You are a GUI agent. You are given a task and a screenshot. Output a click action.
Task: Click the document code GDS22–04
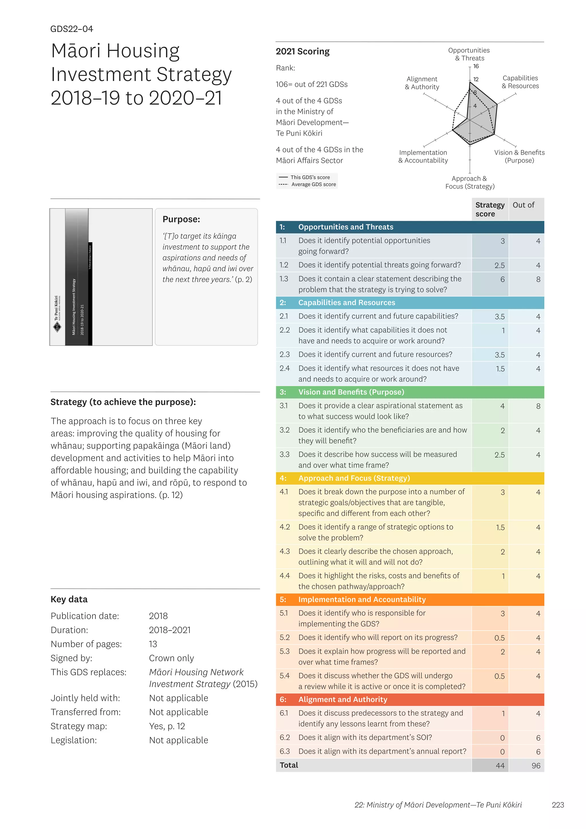click(72, 29)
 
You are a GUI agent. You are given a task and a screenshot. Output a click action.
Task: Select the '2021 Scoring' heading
click(302, 52)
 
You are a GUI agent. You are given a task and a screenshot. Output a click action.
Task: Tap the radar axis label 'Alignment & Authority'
click(422, 83)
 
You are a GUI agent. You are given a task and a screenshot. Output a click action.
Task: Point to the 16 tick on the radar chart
click(476, 66)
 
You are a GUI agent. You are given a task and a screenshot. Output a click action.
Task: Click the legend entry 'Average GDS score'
click(313, 185)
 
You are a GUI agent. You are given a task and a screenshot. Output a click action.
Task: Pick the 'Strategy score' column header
click(490, 210)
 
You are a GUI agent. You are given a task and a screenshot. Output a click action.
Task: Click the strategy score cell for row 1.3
click(502, 279)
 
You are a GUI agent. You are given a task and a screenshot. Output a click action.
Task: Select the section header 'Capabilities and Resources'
click(347, 303)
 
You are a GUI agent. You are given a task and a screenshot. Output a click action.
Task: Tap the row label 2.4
click(284, 368)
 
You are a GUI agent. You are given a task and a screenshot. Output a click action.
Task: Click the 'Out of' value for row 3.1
click(538, 406)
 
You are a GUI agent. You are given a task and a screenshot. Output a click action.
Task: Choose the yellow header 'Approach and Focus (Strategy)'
click(354, 478)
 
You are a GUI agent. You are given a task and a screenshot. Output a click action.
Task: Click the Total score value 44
click(500, 766)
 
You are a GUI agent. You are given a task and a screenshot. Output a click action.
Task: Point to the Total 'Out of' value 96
click(536, 766)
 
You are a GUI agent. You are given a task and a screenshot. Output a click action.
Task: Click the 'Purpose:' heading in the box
click(181, 220)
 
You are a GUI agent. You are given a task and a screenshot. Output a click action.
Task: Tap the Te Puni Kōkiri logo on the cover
click(57, 327)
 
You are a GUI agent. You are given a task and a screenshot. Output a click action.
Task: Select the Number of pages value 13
click(153, 644)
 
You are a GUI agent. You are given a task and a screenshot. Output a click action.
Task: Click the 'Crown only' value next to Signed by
click(171, 658)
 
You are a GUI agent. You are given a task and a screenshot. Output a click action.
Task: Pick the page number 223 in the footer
click(557, 805)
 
